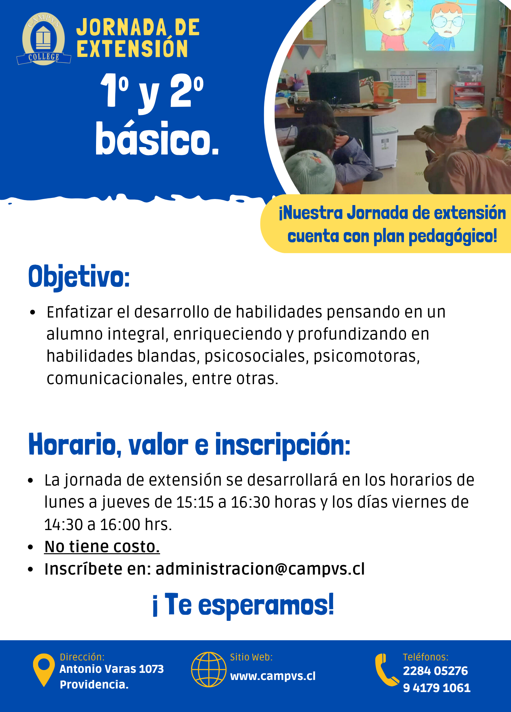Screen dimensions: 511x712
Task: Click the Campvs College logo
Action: coord(43,39)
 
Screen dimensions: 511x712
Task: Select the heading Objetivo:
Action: coord(79,277)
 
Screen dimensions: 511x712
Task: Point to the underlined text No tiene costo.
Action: coord(102,546)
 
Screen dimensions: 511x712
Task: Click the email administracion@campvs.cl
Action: coord(260,569)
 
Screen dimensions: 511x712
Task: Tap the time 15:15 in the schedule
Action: coord(195,502)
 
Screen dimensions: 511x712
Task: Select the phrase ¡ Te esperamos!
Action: coord(243,605)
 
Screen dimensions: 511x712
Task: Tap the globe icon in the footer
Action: coord(209,670)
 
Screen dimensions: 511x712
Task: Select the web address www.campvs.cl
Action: coord(273,676)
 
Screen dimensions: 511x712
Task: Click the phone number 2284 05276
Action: coord(435,671)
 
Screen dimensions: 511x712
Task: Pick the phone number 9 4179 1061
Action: coord(437,688)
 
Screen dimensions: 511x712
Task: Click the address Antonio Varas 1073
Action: coord(112,669)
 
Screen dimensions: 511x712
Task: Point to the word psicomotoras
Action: coord(367,356)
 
